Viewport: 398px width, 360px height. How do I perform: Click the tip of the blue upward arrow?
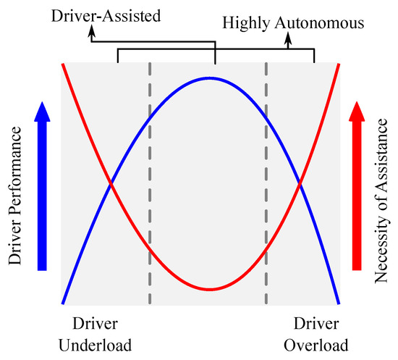point(43,103)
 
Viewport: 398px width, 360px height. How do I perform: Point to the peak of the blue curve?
point(211,78)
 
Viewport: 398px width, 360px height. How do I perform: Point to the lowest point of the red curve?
point(211,290)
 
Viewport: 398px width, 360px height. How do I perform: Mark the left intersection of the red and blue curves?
point(111,185)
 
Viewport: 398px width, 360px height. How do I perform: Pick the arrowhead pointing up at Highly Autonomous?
point(288,39)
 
